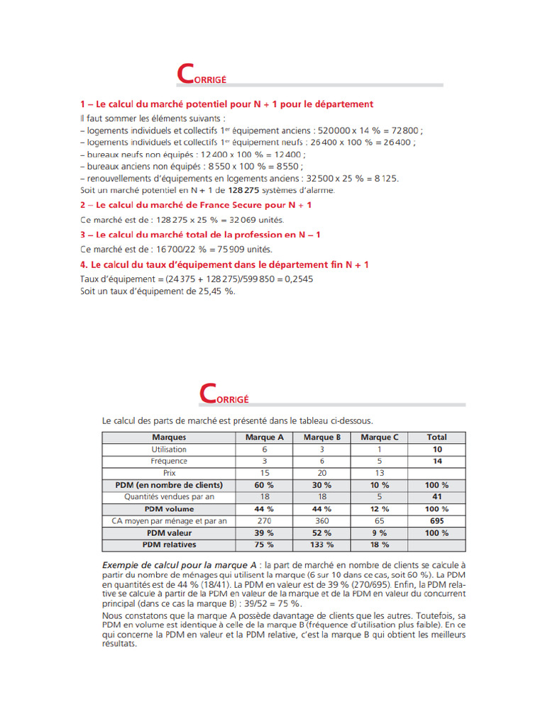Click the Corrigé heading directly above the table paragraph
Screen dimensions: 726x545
pyautogui.click(x=224, y=393)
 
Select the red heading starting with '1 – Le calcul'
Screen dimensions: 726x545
pyautogui.click(x=226, y=104)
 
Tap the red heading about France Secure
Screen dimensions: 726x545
pyautogui.click(x=196, y=205)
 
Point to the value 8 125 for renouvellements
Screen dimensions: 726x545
pyautogui.click(x=385, y=179)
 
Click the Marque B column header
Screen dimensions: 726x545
pyautogui.click(x=322, y=437)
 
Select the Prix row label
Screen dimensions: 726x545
pyautogui.click(x=169, y=473)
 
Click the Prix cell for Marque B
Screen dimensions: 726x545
pyautogui.click(x=322, y=473)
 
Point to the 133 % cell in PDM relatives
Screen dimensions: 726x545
pyautogui.click(x=322, y=544)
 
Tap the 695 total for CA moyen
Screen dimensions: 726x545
pyautogui.click(x=437, y=521)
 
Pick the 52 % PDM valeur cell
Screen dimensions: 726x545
pyautogui.click(x=322, y=532)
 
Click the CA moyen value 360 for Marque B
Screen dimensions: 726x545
pyautogui.click(x=322, y=521)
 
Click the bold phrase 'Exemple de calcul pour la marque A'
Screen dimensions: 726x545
pyautogui.click(x=182, y=564)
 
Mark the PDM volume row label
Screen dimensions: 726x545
pyautogui.click(x=169, y=509)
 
